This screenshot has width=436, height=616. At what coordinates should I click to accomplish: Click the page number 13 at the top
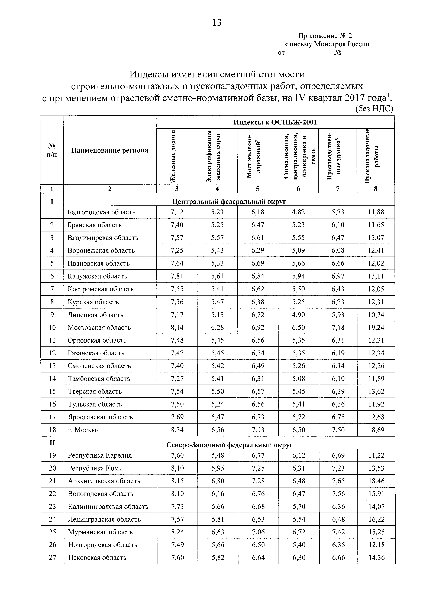tap(217, 22)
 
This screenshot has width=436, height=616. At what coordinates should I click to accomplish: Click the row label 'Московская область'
tap(99, 328)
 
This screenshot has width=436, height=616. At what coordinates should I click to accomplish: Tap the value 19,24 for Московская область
tap(376, 328)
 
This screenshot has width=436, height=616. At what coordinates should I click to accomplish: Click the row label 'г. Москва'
tap(83, 430)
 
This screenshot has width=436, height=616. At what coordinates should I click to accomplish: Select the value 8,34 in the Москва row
tap(177, 430)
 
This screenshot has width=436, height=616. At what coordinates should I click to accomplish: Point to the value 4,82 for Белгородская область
tap(298, 212)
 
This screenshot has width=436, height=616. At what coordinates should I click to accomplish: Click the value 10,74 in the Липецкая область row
tap(376, 315)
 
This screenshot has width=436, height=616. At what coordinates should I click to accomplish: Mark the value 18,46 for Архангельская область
tap(376, 481)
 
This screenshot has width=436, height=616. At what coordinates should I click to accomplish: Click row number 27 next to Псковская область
tap(52, 558)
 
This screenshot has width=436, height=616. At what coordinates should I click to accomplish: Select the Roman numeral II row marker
tap(52, 443)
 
